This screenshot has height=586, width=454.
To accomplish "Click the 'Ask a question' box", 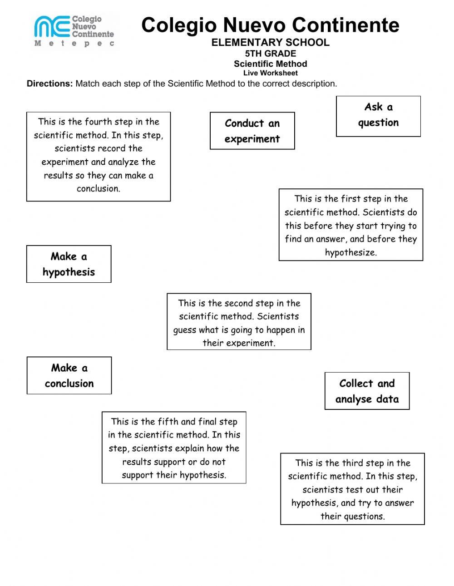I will (x=378, y=116).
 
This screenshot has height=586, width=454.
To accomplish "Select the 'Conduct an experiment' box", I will (x=252, y=131).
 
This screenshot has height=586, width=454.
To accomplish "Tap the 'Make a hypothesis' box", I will (x=69, y=264).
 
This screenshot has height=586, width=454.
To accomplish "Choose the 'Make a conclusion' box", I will (x=69, y=375).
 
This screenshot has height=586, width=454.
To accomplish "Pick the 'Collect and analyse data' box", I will (x=367, y=391).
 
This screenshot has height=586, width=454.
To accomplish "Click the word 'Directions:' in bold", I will (x=49, y=84).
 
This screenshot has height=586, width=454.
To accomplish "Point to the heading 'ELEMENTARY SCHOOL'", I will (x=270, y=43).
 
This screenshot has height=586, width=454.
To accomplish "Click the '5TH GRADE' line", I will (x=270, y=54).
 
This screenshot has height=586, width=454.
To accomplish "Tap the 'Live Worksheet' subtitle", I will (x=270, y=73).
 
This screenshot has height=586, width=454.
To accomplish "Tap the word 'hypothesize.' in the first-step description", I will (x=350, y=253).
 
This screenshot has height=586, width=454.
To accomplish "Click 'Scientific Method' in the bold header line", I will (x=270, y=64).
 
